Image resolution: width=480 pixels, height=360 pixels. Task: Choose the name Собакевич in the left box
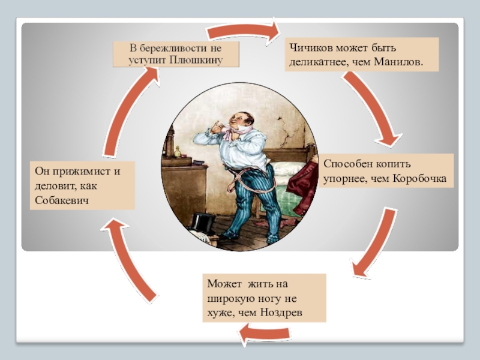[x=62, y=200]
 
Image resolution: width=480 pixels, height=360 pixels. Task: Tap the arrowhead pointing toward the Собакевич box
[x=115, y=226]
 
